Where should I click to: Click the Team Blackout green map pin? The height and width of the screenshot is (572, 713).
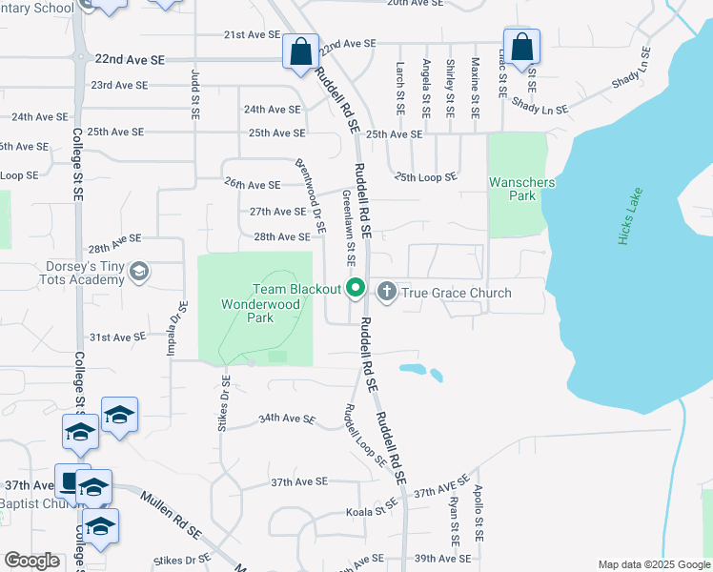click(x=356, y=287)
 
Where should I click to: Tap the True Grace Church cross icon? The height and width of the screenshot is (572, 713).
click(x=387, y=291)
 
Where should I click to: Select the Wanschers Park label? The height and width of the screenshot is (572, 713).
click(x=513, y=189)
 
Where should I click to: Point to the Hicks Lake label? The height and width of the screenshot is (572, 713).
click(x=631, y=217)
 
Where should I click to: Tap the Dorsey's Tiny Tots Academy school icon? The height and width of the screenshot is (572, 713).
click(x=139, y=273)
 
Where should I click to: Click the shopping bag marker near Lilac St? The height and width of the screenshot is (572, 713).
click(x=521, y=47)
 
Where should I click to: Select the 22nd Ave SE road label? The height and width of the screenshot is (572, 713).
click(x=131, y=59)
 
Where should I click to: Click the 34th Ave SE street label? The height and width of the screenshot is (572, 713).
click(x=286, y=419)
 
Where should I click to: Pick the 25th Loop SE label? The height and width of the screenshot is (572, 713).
click(x=426, y=176)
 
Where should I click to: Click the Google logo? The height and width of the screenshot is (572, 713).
click(x=32, y=561)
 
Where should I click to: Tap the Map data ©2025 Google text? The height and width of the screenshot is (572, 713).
click(x=653, y=564)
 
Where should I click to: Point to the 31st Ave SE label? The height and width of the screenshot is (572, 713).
click(x=116, y=337)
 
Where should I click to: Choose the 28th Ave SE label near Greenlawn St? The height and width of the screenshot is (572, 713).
click(x=281, y=236)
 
